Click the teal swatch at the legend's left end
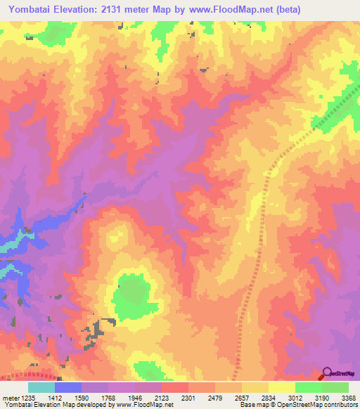41,387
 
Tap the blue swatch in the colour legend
68,387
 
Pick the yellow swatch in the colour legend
282,387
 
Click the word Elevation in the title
81,10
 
